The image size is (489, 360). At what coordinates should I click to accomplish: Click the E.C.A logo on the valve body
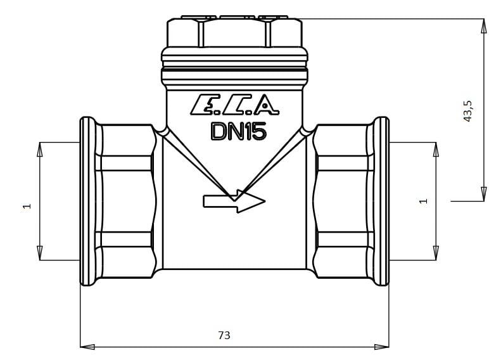234,105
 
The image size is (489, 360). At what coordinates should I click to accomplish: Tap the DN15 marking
239,131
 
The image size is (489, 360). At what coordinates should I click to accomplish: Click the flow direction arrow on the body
234,201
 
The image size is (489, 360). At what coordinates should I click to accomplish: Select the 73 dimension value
224,335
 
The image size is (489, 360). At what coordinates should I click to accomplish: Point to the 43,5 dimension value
468,111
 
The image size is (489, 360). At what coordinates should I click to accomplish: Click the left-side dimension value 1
27,206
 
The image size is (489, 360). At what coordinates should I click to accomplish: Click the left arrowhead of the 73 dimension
87,347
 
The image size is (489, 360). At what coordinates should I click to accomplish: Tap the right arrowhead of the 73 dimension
382,347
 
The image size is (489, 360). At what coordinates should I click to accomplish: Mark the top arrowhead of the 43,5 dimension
483,26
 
